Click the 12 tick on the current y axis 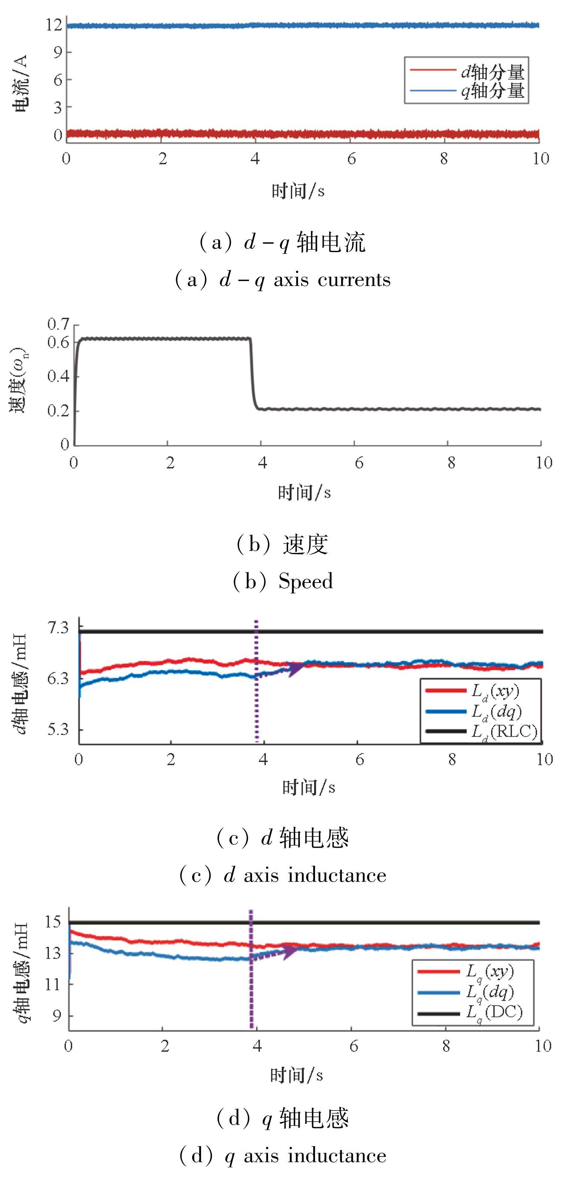click(54, 25)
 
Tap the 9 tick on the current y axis click(57, 53)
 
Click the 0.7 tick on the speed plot click(58, 325)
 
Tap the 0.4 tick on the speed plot click(58, 377)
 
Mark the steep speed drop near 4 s click(253, 375)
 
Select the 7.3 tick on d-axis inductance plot click(58, 628)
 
